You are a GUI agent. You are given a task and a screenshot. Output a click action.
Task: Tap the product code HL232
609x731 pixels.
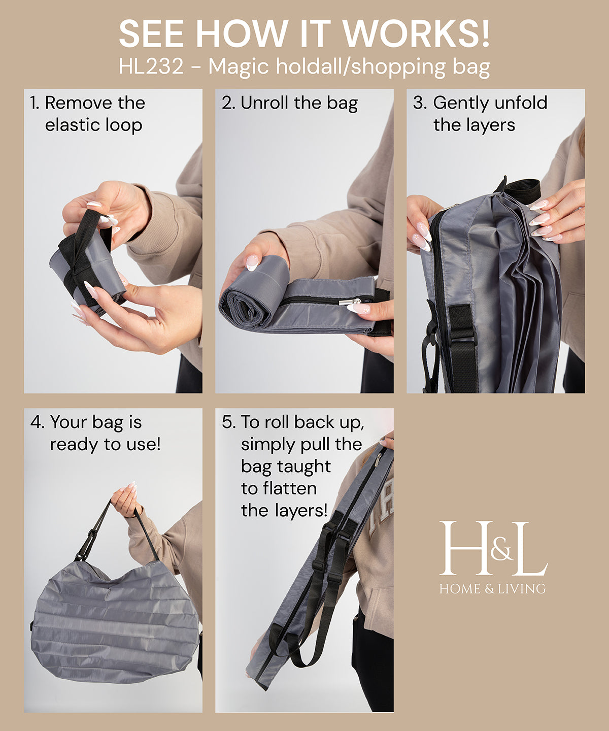click(151, 67)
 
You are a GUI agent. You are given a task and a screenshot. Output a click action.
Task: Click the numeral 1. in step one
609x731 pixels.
click(34, 103)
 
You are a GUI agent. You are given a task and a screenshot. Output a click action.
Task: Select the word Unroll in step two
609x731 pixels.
click(265, 103)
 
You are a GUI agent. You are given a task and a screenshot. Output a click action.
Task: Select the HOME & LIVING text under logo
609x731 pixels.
click(492, 589)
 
